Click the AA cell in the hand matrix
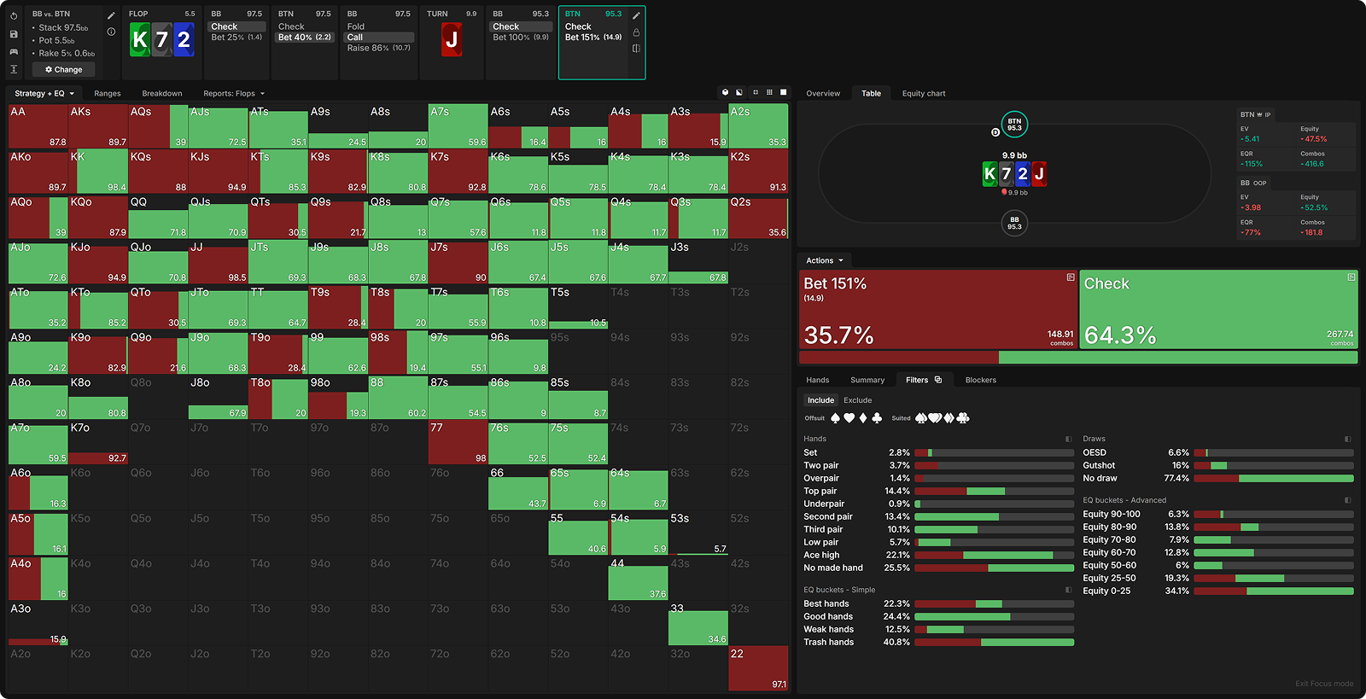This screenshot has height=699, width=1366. (38, 126)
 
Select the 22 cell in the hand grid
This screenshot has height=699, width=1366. (758, 668)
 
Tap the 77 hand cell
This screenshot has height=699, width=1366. (458, 442)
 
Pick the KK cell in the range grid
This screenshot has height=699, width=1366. (98, 172)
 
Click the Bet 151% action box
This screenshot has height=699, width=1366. (938, 310)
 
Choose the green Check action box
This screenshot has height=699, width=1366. (1218, 310)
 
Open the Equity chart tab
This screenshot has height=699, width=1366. (924, 94)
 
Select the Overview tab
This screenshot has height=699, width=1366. (823, 94)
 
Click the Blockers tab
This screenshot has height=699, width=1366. (980, 381)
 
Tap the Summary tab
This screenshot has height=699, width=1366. (867, 381)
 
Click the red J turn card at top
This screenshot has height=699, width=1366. (452, 40)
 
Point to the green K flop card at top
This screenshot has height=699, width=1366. (140, 40)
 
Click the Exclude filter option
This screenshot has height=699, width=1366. (857, 400)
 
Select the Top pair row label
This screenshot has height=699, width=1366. (820, 492)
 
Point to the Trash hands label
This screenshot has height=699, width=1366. (828, 643)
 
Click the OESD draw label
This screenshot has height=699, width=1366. (1095, 453)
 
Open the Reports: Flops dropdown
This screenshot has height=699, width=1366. (234, 94)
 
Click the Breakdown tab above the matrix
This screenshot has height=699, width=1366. (162, 94)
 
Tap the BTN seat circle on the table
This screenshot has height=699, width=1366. (1014, 125)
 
